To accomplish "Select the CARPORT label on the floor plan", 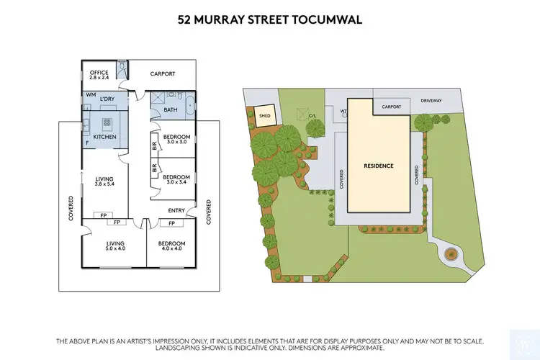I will pos(163,73).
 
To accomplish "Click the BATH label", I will pos(170,110).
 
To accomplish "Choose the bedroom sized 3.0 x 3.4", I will pos(176,180).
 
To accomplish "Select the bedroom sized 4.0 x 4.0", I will pos(171,247).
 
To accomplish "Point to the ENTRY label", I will pos(176,210).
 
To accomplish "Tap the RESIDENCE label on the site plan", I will pos(378,166).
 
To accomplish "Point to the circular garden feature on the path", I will pos(451,254).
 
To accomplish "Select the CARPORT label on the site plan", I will pos(391,107).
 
